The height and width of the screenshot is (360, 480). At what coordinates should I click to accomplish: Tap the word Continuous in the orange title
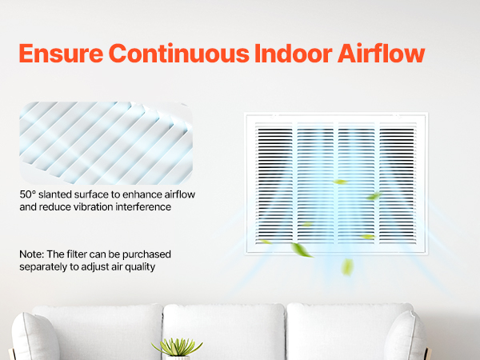pos(178,54)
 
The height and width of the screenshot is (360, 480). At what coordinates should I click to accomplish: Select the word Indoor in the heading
pos(293,54)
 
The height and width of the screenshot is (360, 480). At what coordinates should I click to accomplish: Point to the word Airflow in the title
pos(381,54)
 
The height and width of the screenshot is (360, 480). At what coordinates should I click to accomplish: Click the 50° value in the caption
pos(28,194)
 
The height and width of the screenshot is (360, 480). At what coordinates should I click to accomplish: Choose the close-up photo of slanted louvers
pos(106,143)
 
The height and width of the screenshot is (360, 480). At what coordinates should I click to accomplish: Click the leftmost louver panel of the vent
pos(274,184)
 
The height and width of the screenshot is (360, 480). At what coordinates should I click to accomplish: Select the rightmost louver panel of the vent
pos(398,184)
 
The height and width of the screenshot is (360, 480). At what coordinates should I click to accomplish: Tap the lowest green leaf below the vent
pos(347,266)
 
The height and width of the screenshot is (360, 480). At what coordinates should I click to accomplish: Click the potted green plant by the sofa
pos(177,348)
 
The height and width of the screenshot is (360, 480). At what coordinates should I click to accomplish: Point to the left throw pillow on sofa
pos(34,337)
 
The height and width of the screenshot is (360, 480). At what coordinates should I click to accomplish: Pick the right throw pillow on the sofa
pos(405,336)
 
